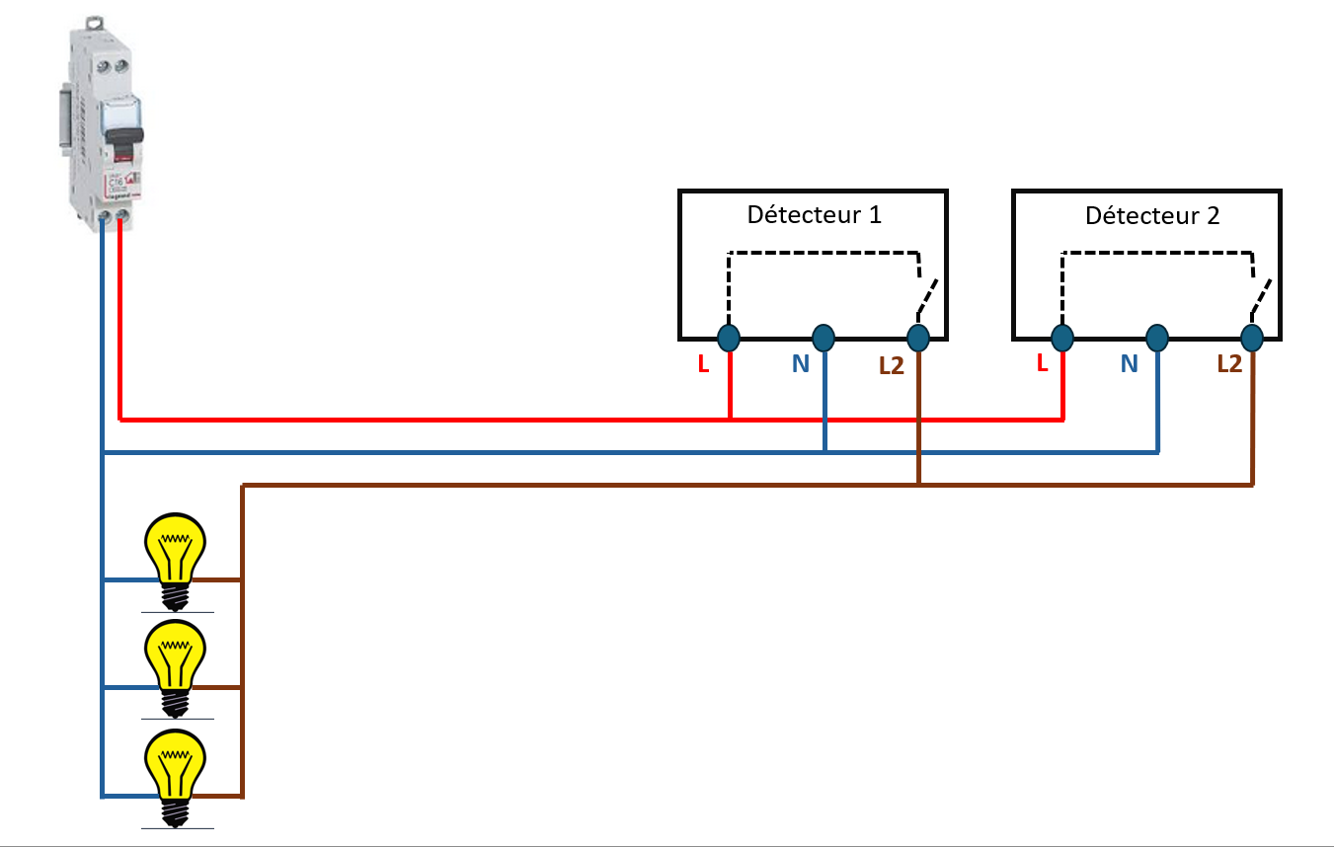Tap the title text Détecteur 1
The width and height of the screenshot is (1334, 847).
tap(814, 214)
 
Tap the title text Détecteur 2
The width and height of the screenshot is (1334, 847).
tap(1152, 215)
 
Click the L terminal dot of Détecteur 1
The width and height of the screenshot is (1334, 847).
tap(729, 338)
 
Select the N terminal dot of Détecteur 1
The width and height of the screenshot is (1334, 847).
tap(824, 338)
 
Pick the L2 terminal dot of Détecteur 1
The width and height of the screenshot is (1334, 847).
tap(918, 338)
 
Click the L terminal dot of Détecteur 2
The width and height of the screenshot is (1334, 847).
tap(1062, 338)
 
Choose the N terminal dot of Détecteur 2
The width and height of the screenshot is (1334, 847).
tap(1157, 338)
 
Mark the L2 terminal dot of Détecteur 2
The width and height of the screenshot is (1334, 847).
tap(1252, 338)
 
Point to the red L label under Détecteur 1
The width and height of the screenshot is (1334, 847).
tap(703, 364)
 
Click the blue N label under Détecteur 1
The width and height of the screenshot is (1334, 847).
tap(800, 364)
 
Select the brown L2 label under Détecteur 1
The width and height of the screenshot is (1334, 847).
tap(892, 365)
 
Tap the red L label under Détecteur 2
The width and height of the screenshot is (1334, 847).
tap(1042, 363)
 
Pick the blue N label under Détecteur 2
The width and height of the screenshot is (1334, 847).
tap(1129, 364)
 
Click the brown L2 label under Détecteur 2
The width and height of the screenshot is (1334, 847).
tap(1229, 364)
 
